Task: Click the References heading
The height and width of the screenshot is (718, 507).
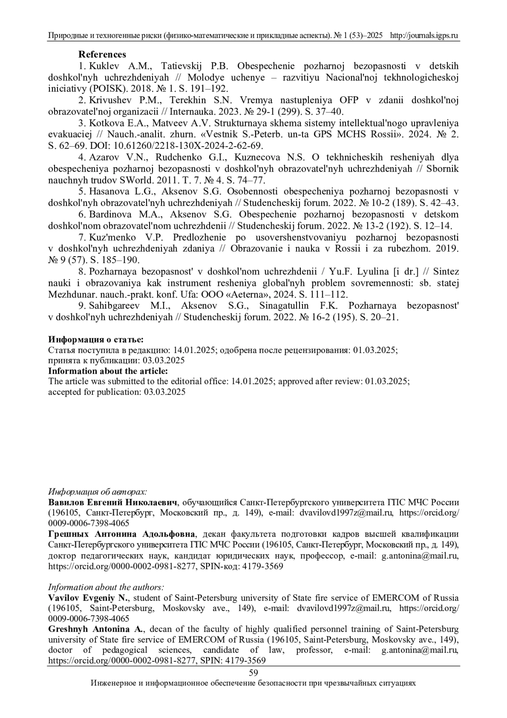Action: pos(102,55)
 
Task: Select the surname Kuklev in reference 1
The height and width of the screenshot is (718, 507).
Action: pos(104,66)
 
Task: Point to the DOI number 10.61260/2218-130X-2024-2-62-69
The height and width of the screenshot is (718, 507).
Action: pos(194,146)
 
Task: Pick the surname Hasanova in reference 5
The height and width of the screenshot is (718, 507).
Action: pos(108,191)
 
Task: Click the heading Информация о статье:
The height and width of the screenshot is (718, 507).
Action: pos(96,340)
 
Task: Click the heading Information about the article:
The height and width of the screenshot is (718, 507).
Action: pos(108,371)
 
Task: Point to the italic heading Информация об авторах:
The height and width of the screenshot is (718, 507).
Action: pos(98,492)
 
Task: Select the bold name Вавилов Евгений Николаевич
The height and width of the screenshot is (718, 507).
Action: pos(113,502)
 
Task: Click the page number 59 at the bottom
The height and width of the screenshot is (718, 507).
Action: pos(253,673)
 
